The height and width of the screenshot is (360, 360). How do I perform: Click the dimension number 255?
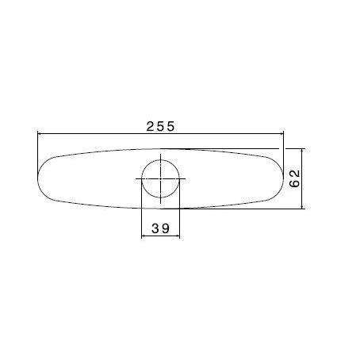click(x=160, y=125)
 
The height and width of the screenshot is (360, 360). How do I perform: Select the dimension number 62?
click(x=294, y=178)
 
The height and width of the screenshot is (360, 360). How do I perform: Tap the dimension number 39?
click(x=160, y=228)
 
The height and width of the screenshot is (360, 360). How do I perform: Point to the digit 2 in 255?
click(x=150, y=125)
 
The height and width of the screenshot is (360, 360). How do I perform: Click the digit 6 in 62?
click(x=294, y=184)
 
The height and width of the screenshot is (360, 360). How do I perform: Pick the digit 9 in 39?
click(x=166, y=228)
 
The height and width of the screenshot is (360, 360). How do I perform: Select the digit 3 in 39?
click(x=155, y=228)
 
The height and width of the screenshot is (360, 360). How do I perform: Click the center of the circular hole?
click(x=160, y=178)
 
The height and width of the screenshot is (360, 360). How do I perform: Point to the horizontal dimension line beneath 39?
click(x=160, y=237)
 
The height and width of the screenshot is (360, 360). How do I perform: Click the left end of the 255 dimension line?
click(x=38, y=135)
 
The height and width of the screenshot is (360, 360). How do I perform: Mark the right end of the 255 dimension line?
click(x=283, y=135)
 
